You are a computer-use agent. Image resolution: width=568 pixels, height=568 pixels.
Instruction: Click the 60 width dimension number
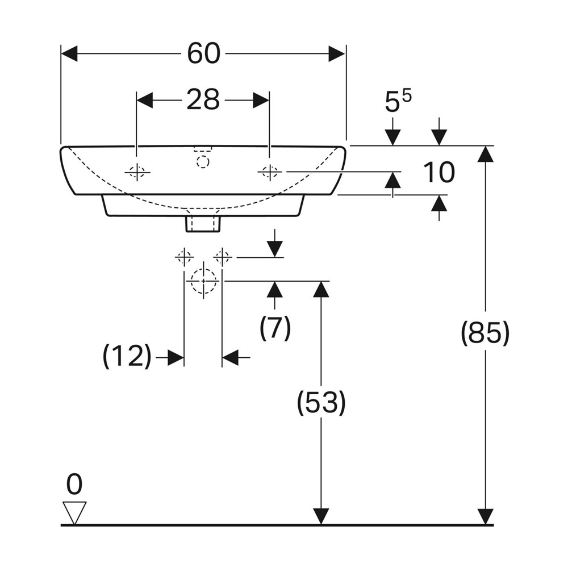coord(203,53)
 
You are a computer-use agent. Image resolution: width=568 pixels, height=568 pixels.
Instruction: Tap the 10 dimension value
coord(438,172)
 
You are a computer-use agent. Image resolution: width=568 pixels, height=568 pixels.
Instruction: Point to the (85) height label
coord(485,333)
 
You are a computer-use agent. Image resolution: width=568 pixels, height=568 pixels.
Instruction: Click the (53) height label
coord(321,402)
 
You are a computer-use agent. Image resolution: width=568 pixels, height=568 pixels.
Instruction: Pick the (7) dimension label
coord(275,328)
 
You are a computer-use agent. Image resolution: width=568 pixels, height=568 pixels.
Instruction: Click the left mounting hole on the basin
coord(137,172)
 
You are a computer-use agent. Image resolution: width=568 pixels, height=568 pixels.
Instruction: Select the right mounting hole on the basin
coord(269,172)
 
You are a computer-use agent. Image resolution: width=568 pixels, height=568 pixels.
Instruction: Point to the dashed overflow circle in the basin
coord(203,161)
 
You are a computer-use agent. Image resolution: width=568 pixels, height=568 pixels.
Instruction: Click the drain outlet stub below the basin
coord(203,224)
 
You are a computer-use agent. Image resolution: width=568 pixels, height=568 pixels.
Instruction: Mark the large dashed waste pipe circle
coord(203,281)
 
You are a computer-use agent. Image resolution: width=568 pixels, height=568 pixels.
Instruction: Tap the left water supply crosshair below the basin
coord(184,257)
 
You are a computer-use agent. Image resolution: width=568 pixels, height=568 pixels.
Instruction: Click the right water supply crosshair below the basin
coord(222,257)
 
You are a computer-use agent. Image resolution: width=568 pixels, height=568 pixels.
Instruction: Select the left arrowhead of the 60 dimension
coord(69,53)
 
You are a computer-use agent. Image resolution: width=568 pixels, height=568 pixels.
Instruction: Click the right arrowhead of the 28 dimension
coord(261,100)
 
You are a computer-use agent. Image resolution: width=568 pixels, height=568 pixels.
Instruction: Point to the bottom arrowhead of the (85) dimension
coord(486,516)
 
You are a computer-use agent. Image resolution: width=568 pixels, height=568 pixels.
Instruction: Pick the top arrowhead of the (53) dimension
coord(321,289)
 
